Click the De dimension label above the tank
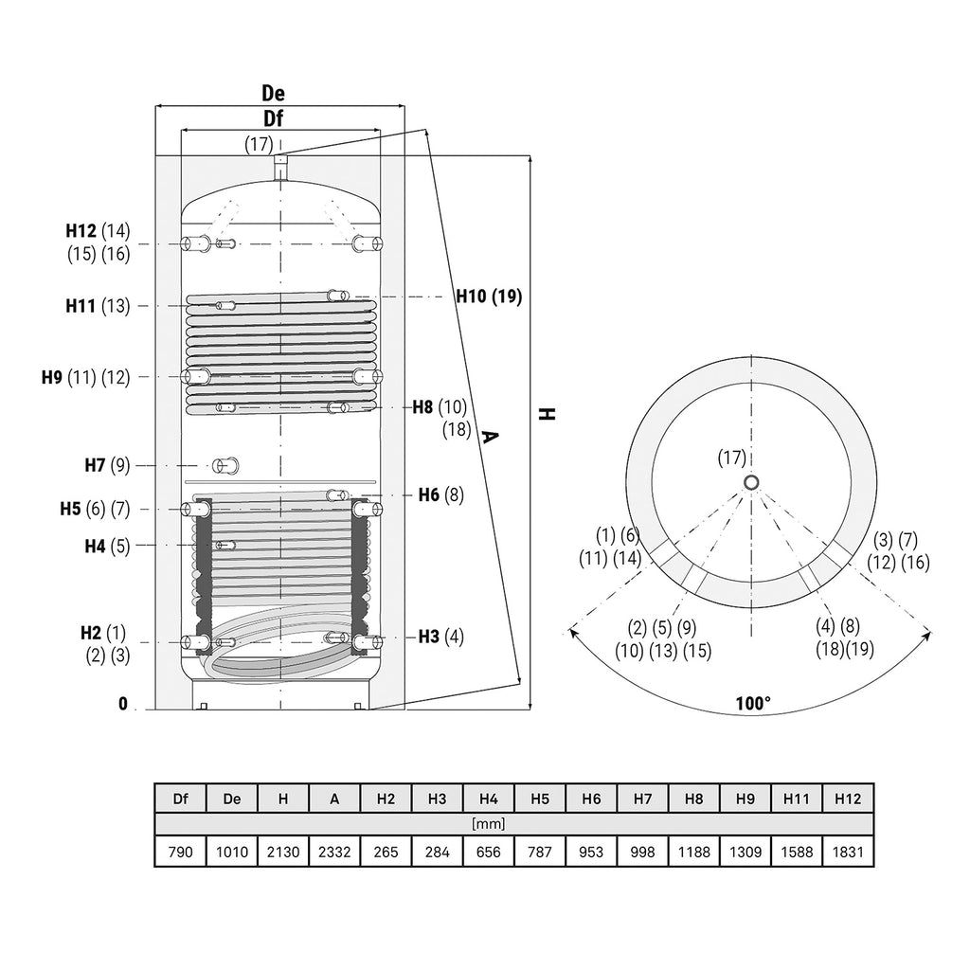273,94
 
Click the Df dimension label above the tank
273,118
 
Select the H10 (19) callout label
489,296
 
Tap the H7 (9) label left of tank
107,465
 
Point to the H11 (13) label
98,306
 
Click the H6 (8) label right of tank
441,494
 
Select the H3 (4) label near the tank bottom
441,637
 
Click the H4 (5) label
107,547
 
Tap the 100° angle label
753,704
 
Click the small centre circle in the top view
751,482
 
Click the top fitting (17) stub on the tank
280,167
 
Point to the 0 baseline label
123,704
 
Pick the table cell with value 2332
334,852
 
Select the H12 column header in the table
848,799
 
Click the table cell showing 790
180,852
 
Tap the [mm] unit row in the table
488,824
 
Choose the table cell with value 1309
745,852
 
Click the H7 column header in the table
642,799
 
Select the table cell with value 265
386,852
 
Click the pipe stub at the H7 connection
225,465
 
